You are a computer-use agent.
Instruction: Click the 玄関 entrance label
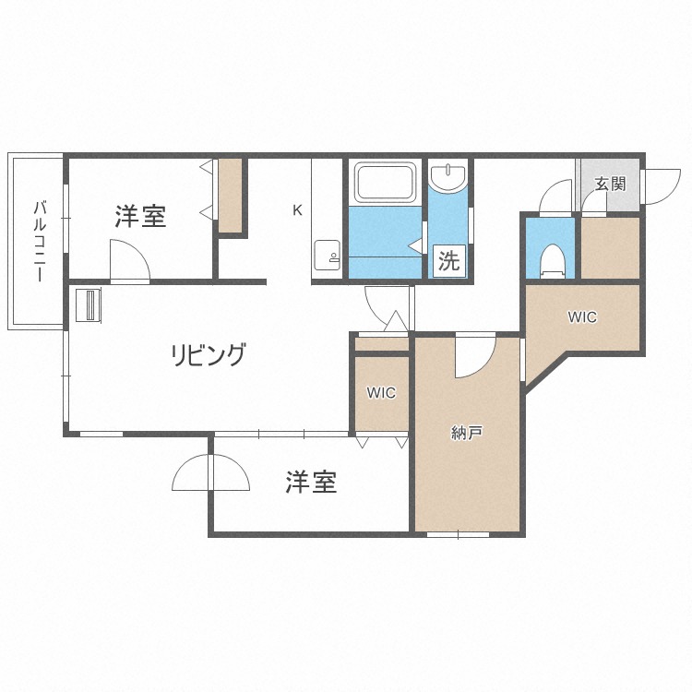tap(609, 184)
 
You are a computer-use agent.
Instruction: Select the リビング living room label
tap(209, 354)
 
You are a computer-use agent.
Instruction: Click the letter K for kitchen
tap(297, 210)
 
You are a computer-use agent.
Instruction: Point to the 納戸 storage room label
tap(467, 432)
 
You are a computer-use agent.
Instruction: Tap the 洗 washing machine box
tap(448, 261)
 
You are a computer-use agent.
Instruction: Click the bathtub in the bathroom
tap(384, 183)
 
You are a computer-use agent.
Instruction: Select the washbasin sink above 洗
tap(447, 177)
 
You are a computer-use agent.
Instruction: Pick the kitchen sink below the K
tap(326, 253)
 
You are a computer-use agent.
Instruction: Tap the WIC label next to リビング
tap(380, 393)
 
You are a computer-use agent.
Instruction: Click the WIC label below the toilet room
tap(581, 317)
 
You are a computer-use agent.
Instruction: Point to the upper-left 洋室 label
tap(140, 218)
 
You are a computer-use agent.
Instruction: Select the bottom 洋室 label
tap(310, 482)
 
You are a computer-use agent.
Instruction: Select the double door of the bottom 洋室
tap(210, 474)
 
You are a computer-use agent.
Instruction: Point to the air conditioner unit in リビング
tap(87, 305)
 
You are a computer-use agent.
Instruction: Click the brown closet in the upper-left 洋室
tap(230, 195)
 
